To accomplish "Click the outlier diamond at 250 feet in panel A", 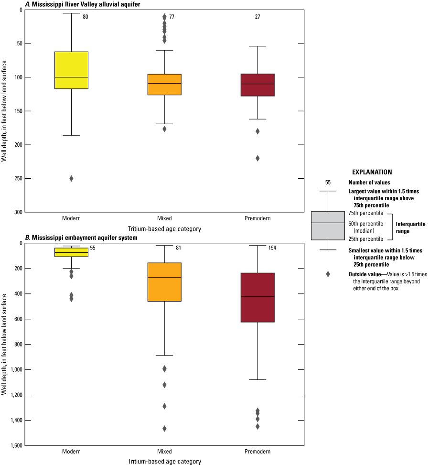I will coord(71,178).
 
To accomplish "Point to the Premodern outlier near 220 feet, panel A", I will coord(257,158).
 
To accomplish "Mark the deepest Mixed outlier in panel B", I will coord(164,429).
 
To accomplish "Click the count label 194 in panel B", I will coord(272,248).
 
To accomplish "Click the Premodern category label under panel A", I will coord(257,218).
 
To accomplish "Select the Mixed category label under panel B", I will coord(164,452).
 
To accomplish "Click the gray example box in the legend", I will coord(328,226).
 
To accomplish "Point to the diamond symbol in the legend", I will coord(328,274).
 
